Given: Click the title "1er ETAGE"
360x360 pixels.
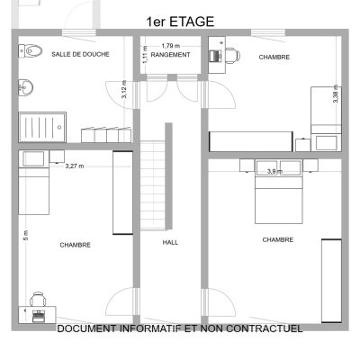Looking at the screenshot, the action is point(180,22).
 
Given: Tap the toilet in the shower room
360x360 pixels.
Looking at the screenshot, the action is point(30,50).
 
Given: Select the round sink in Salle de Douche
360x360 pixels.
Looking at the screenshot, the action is point(26,88).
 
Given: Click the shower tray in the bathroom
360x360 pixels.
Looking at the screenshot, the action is point(42,127).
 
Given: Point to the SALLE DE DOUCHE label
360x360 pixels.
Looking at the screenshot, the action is point(80,54).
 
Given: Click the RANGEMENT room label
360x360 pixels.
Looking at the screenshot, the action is point(170,55).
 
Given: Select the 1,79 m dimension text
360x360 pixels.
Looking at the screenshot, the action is point(171,46).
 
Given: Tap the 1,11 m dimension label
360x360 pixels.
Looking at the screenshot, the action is point(145,54).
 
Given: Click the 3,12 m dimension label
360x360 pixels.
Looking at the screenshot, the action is point(124,89).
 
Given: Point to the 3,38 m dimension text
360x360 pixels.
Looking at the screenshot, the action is point(336,94).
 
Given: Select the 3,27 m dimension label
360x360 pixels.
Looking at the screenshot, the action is point(75,166).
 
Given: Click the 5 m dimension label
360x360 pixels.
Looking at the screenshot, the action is point(26,235).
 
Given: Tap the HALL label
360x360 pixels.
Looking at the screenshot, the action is point(170,242).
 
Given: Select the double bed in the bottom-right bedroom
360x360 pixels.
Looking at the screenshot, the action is point(278,192).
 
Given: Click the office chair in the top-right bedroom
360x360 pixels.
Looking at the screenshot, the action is point(232,56).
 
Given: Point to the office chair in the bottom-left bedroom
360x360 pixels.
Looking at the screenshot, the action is point(38,299).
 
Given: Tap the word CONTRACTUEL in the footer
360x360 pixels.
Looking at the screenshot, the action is point(264,328).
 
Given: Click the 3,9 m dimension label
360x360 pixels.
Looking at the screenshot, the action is point(275,172).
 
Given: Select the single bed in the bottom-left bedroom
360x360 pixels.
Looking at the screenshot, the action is point(33,183).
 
